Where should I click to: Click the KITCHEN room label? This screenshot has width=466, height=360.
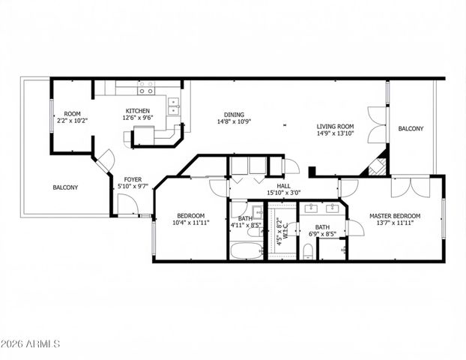tap(137, 111)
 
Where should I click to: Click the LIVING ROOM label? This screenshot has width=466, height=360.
tap(335, 126)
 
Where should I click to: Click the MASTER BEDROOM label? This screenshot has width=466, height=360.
tap(395, 216)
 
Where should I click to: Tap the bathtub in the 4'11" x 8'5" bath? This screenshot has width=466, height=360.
tap(246, 250)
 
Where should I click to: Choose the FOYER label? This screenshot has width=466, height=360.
tap(133, 179)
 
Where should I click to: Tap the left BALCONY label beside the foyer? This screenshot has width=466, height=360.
tap(65, 187)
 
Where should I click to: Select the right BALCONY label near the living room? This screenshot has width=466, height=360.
tap(410, 129)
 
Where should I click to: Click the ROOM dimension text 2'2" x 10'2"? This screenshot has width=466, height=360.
tap(72, 120)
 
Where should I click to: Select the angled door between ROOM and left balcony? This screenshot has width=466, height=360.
tap(103, 160)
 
